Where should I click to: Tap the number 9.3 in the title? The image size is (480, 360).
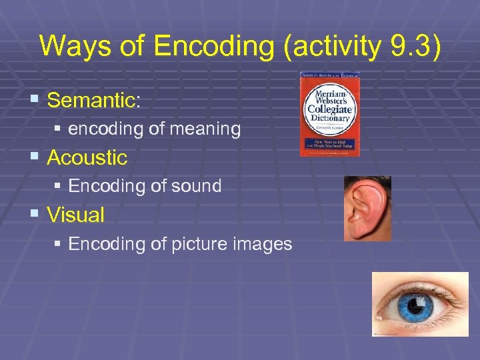tap(411, 46)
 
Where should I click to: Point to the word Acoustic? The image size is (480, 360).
tap(87, 158)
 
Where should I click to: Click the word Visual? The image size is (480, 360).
tap(76, 215)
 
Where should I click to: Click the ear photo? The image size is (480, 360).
tap(367, 207)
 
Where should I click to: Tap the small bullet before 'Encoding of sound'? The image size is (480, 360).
tap(58, 186)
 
